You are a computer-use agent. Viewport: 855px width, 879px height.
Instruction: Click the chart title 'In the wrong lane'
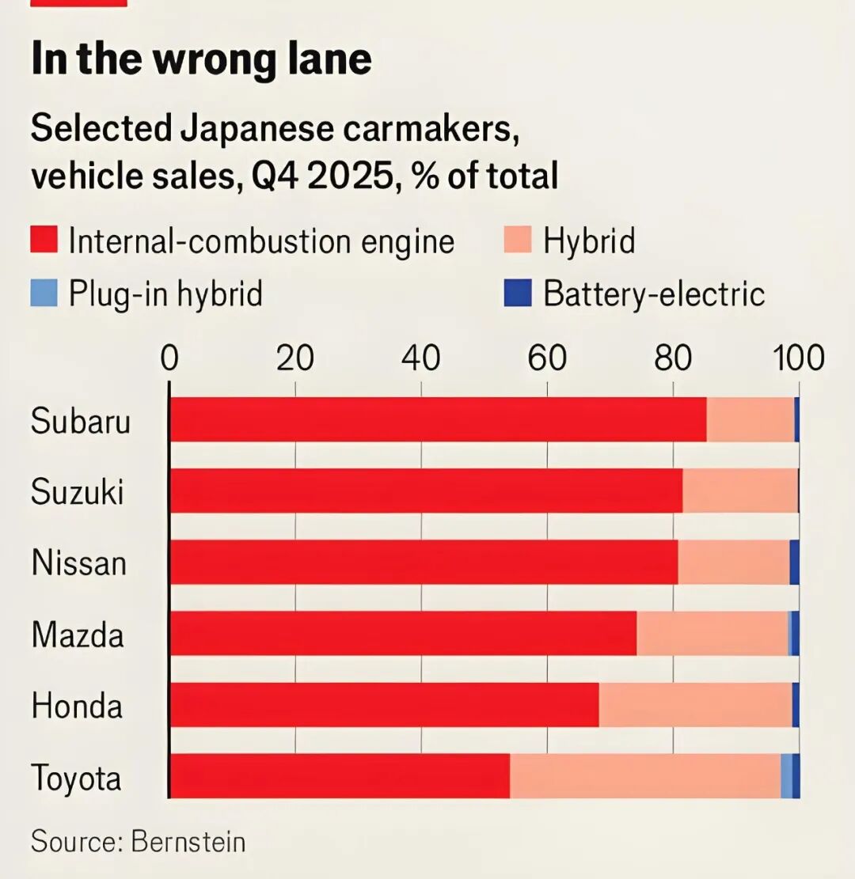[x=201, y=60]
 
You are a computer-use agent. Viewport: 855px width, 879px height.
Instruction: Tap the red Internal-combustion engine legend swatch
[x=44, y=240]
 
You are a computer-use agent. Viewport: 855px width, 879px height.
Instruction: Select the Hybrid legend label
[x=589, y=241]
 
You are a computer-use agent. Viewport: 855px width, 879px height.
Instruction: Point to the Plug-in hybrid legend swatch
[x=44, y=294]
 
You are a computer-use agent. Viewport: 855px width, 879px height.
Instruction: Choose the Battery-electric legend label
[x=654, y=294]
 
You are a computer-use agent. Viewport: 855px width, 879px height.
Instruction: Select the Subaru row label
[x=80, y=421]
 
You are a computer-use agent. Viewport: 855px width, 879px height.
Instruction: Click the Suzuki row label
[x=78, y=492]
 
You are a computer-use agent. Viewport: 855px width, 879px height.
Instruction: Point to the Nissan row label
[x=79, y=563]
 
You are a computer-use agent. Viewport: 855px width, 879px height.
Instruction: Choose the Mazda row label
[x=78, y=635]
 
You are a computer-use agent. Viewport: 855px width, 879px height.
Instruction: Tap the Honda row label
[x=78, y=706]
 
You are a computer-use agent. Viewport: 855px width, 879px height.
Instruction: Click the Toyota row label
[x=76, y=778]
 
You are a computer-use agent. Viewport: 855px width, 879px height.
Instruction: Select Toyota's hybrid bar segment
[x=644, y=776]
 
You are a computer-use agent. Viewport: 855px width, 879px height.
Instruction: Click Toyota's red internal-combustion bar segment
[x=340, y=776]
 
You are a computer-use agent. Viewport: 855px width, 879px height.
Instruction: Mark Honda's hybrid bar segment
[x=695, y=705]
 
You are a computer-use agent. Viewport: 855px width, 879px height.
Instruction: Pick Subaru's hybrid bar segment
[x=750, y=419]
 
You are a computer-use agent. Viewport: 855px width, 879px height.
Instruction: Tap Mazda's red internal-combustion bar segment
[x=403, y=634]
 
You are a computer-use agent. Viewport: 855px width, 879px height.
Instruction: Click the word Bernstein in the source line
[x=188, y=841]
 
